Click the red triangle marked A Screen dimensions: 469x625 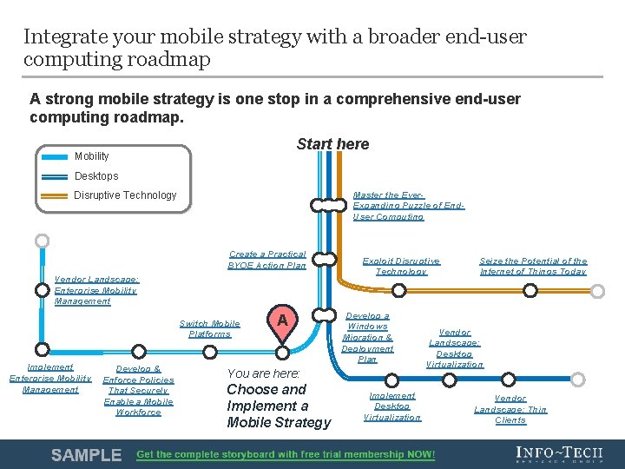281,321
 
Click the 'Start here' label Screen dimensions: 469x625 332,144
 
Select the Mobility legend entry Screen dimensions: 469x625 91,156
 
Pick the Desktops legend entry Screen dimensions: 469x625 95,176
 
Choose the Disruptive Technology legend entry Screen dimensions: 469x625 124,195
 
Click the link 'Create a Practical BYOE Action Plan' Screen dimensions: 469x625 266,260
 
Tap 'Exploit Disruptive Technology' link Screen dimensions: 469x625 401,266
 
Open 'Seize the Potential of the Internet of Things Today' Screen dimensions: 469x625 533,266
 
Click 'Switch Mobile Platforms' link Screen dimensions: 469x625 210,328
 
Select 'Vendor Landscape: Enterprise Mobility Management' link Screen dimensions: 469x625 95,290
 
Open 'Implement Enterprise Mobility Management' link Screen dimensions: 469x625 50,379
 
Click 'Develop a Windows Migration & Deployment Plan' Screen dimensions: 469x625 367,338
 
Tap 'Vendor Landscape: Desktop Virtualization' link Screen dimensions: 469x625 454,348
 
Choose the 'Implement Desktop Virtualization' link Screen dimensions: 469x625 391,406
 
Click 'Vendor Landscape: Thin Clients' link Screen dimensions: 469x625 510,409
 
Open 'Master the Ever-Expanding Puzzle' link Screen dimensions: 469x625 408,206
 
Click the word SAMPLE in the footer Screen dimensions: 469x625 86,455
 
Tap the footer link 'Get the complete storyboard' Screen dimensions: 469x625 286,455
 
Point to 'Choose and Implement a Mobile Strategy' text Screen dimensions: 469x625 278,406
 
